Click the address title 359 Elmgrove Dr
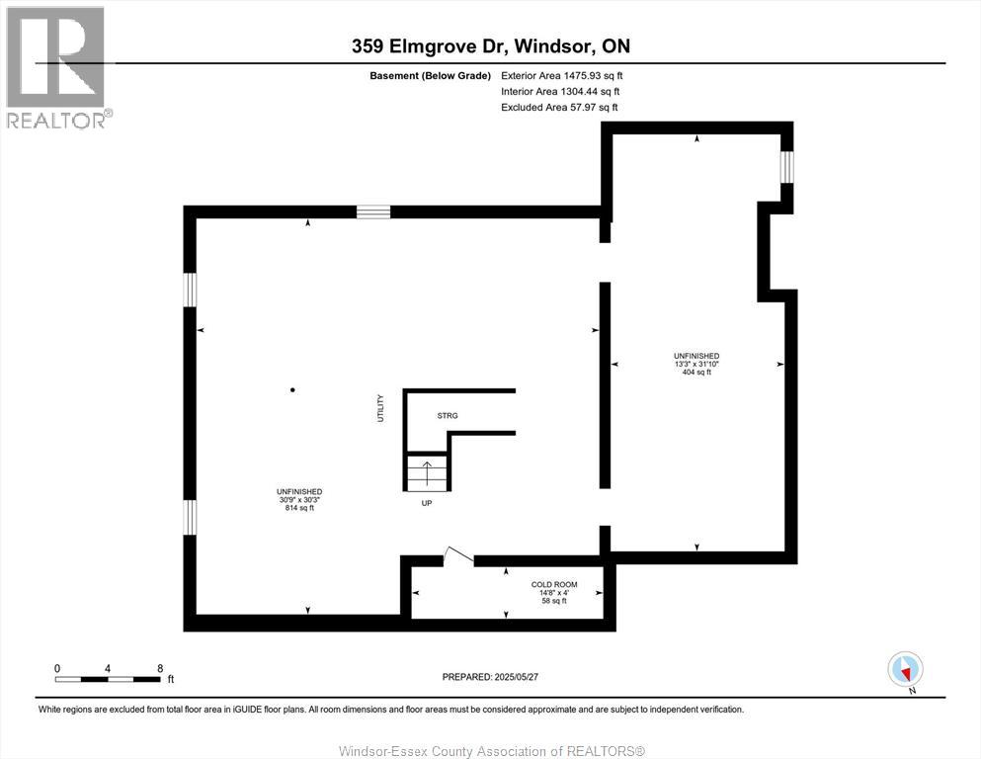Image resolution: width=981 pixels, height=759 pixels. click(490, 46)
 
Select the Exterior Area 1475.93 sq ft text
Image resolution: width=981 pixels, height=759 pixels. click(562, 75)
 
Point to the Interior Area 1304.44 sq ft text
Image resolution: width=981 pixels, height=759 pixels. click(560, 91)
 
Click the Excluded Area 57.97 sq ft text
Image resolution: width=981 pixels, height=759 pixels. click(560, 108)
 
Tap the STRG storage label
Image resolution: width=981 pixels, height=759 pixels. click(448, 416)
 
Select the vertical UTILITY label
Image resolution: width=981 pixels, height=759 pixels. click(379, 409)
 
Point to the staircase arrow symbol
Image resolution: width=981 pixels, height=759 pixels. click(427, 471)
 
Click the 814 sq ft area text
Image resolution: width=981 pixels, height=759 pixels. click(299, 508)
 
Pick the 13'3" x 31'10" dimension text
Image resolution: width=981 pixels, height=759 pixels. click(695, 364)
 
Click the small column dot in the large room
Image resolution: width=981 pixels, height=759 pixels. click(292, 390)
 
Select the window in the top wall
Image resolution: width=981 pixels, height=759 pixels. click(373, 211)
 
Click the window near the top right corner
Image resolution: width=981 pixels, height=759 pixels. click(787, 166)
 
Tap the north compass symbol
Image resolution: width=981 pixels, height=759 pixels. click(906, 669)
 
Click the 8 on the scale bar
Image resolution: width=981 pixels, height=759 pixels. click(160, 668)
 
